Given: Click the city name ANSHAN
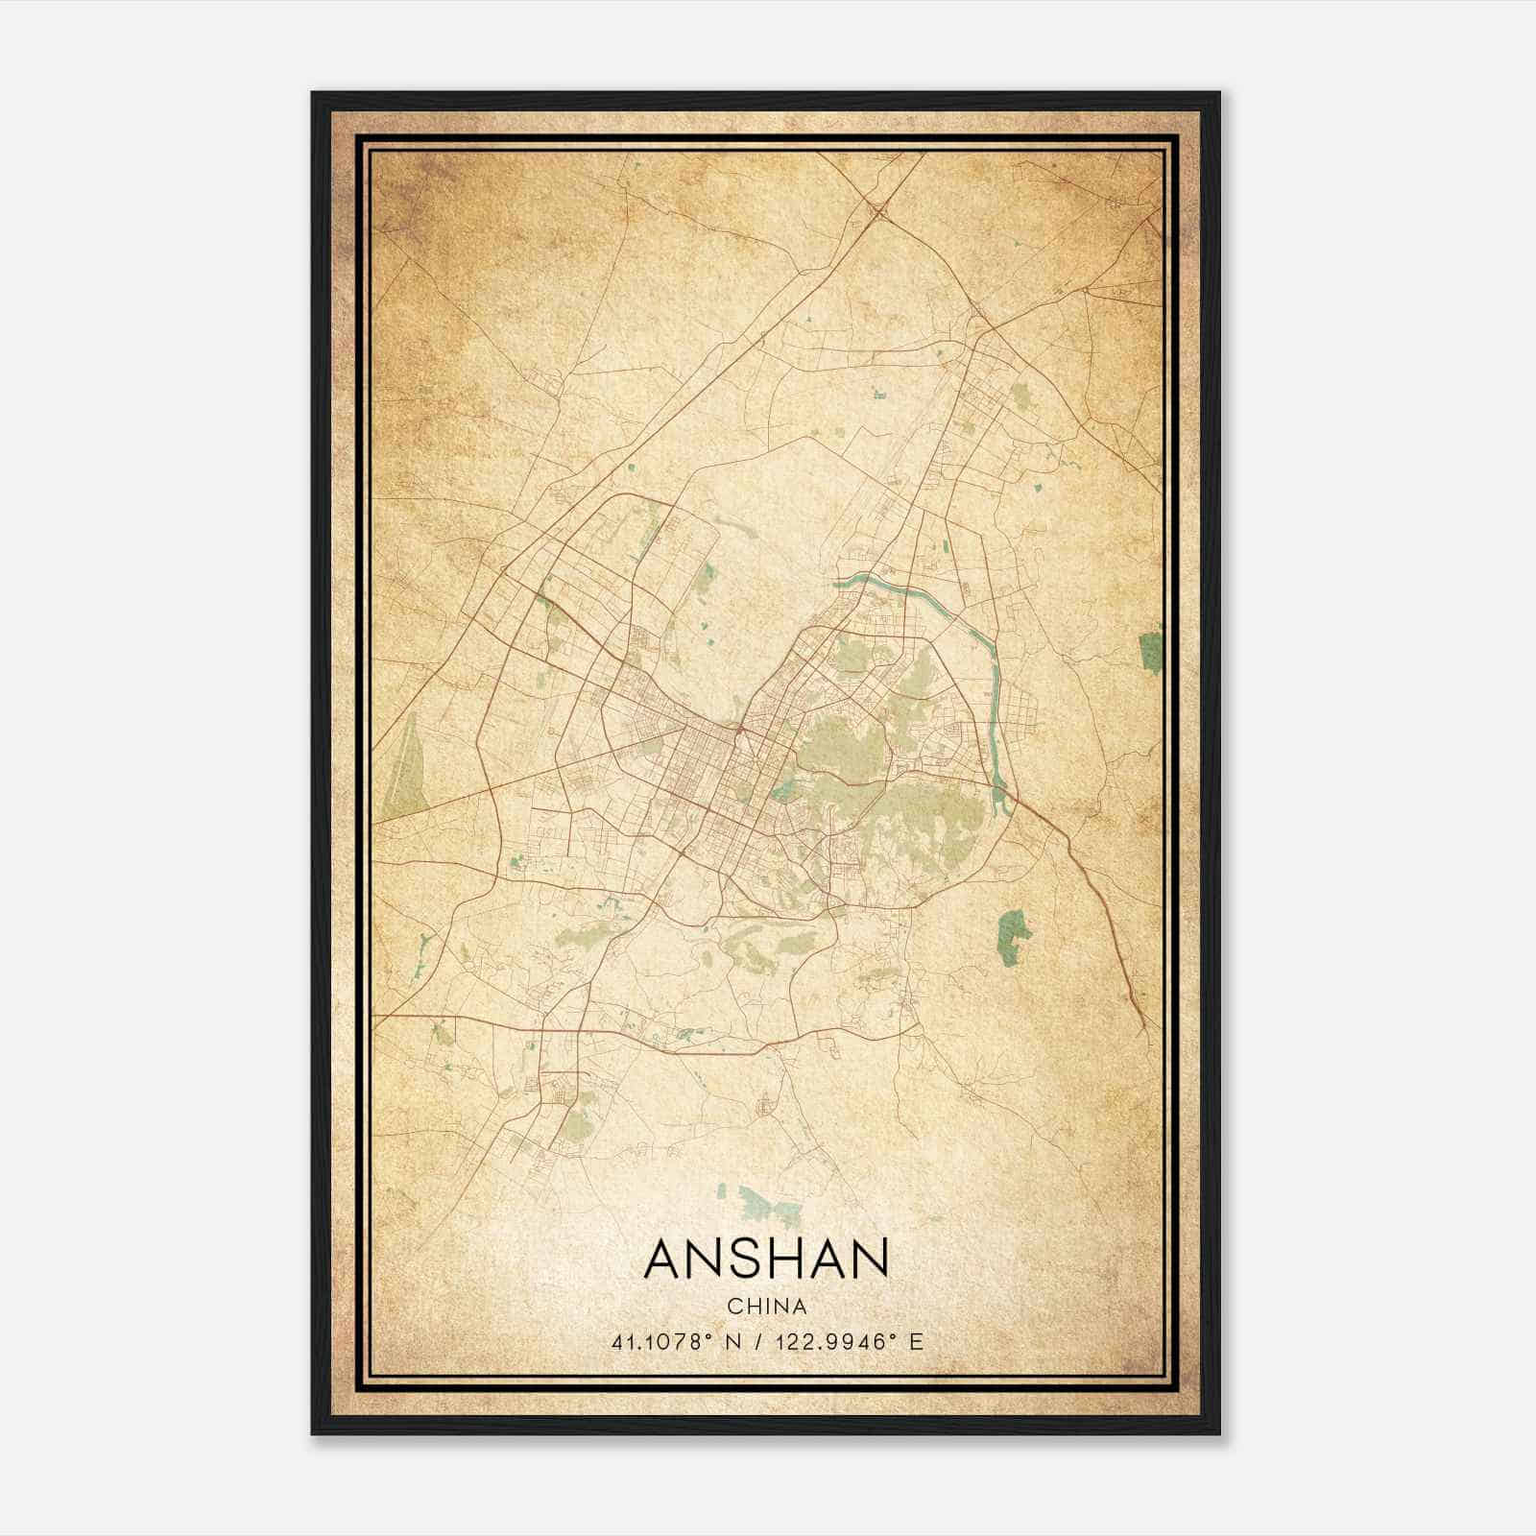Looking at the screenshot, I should (x=766, y=1259).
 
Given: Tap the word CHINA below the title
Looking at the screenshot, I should (x=766, y=1307).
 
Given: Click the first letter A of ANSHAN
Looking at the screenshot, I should (x=664, y=1259).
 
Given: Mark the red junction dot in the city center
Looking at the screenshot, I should (x=739, y=732).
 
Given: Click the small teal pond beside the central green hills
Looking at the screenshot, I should (x=783, y=791).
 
